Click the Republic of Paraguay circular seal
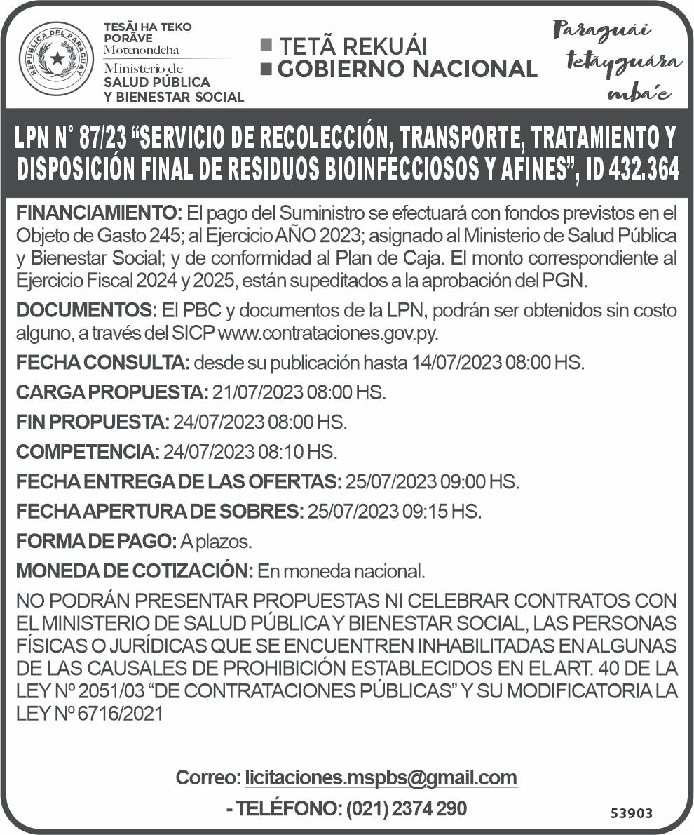click(56, 59)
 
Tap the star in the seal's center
click(56, 58)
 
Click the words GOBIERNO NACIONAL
click(407, 69)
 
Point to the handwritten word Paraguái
click(601, 31)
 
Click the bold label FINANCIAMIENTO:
click(99, 212)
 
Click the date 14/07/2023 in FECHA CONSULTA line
click(457, 363)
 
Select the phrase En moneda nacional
click(341, 571)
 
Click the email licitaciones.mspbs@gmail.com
click(381, 777)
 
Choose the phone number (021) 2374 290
click(407, 808)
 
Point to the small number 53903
click(631, 813)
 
